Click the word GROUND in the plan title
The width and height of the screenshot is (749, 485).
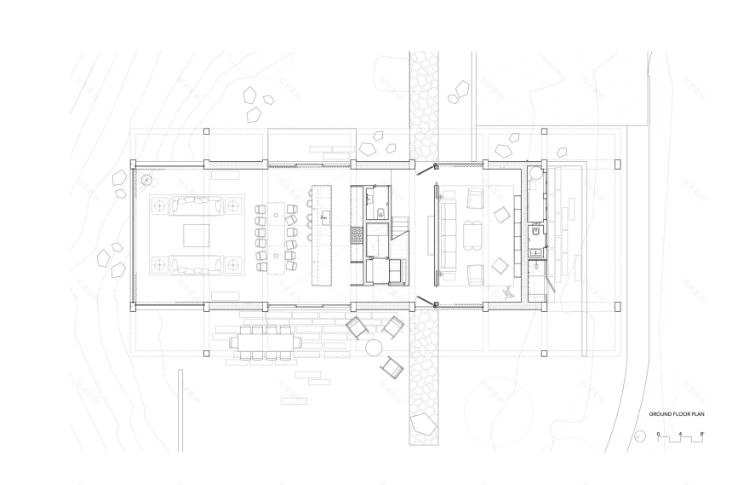tap(657, 414)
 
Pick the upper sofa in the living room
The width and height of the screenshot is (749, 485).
tap(194, 205)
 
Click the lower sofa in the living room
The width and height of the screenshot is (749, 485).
tap(194, 264)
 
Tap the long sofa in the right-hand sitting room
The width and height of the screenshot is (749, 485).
tap(449, 233)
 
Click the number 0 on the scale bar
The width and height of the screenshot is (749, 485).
tap(658, 435)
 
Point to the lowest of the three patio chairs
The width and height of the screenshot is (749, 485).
tap(392, 367)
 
